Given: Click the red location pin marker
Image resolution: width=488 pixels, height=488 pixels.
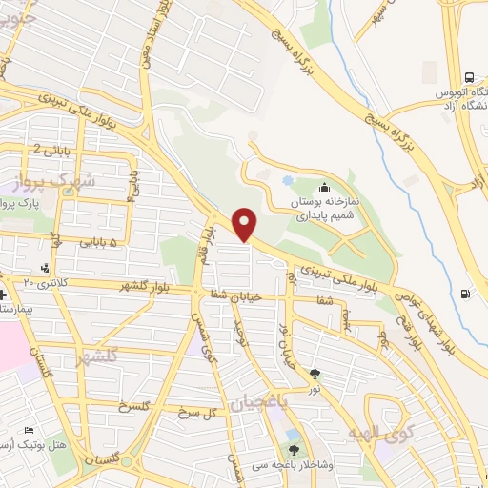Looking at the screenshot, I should coord(245,225).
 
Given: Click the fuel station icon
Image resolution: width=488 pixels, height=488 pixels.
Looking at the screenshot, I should coord(464,294).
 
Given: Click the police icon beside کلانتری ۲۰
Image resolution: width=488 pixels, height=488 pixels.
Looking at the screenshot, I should coord(44,270).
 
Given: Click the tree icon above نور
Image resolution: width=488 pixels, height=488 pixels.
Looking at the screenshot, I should coord(316,374).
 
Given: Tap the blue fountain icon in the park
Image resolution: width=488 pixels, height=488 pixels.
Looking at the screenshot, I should coord(288,180).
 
